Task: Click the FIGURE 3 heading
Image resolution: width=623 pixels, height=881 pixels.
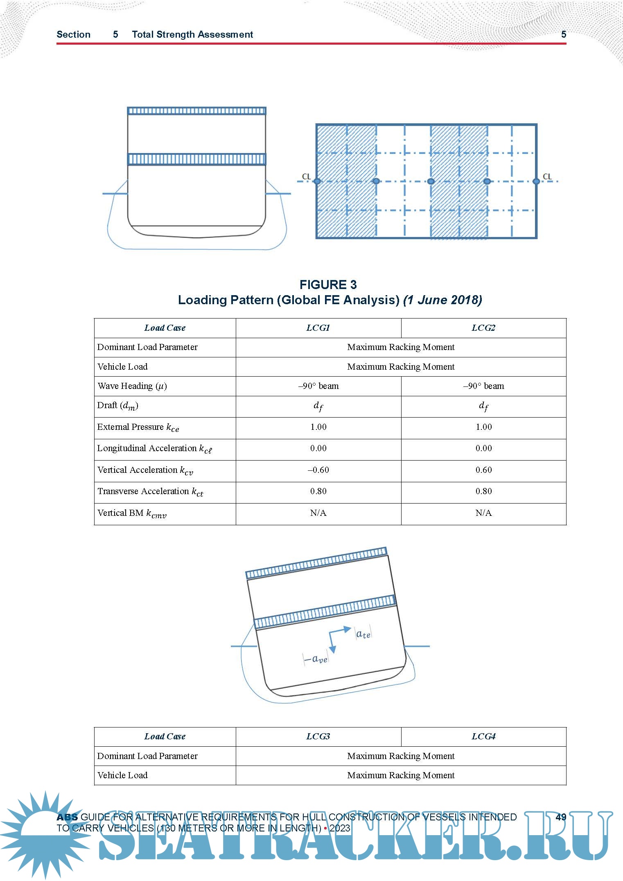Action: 328,285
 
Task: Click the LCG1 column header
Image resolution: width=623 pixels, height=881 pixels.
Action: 318,328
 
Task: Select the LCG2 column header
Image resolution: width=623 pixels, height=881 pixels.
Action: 483,328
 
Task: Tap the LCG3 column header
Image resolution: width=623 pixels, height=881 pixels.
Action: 318,736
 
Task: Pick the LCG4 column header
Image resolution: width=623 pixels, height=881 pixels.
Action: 483,736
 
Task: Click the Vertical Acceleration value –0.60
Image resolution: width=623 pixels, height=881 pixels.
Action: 318,470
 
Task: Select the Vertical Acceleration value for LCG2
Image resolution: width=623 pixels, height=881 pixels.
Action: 483,470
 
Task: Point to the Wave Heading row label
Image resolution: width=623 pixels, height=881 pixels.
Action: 132,386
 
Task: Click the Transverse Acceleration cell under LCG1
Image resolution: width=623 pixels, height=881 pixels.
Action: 318,491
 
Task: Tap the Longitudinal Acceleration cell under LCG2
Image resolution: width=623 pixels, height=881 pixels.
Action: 483,448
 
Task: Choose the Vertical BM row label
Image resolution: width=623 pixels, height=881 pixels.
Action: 132,513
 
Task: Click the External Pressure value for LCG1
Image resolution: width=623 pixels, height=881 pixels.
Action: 318,427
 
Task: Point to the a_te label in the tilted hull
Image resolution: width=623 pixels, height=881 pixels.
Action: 363,635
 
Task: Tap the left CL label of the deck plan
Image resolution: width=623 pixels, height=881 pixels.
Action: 306,176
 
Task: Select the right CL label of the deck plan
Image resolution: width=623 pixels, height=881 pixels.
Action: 547,176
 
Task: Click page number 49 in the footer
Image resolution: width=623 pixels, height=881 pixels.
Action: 561,817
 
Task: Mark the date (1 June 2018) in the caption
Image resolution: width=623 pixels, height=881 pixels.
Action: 442,300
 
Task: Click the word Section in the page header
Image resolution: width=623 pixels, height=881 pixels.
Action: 73,34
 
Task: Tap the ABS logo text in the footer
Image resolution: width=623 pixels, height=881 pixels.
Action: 67,817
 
